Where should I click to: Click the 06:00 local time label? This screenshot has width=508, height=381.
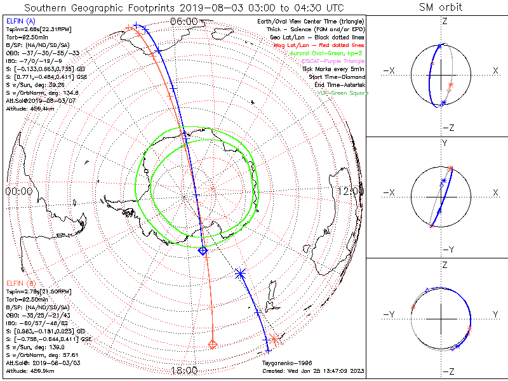click(184, 21)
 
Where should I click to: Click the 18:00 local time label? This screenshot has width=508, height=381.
click(184, 370)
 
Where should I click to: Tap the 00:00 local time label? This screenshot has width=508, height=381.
click(18, 190)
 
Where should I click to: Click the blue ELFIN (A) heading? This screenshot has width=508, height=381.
click(20, 22)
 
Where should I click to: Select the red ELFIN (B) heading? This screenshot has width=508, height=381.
click(20, 283)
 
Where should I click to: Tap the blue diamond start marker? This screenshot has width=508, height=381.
click(203, 251)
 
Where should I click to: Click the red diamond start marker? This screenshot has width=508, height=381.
click(213, 344)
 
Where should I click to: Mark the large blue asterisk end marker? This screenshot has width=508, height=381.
click(240, 274)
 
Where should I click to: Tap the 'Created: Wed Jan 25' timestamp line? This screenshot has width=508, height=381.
click(313, 370)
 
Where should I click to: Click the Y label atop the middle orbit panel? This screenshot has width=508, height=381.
click(444, 144)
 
